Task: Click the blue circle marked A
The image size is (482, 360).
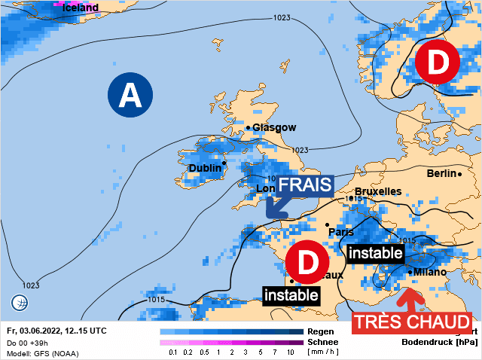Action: click(130, 96)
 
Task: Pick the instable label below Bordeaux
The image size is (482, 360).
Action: click(291, 294)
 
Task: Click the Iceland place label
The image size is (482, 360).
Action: click(80, 8)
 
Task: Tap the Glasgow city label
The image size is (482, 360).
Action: click(274, 128)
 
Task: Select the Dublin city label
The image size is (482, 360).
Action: click(205, 168)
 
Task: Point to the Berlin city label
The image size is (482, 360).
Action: click(441, 173)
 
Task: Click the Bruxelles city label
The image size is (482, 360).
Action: click(378, 191)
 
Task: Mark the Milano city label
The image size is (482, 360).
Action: click(430, 272)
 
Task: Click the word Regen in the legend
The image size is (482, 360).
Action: click(321, 331)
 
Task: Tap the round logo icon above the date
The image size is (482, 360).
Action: click(20, 304)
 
